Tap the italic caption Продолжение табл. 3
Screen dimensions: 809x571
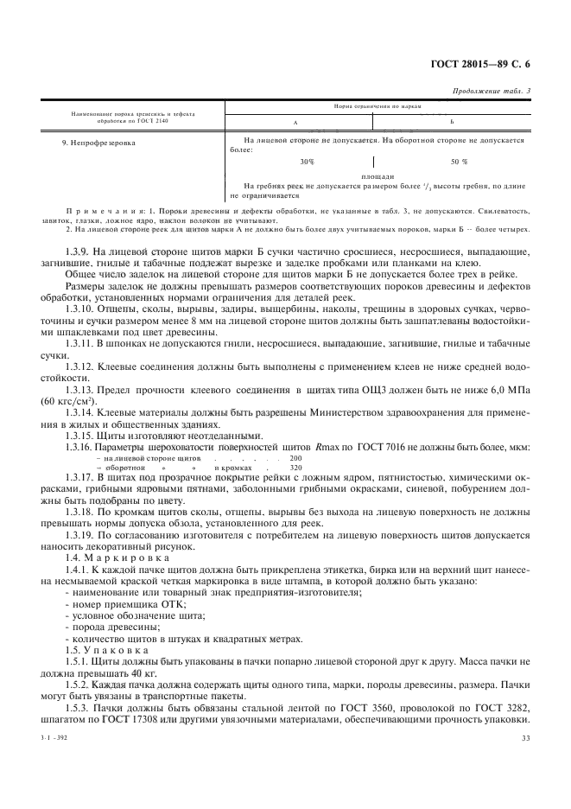492,91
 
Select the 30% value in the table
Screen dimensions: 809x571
307,162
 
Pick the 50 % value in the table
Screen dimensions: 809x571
459,162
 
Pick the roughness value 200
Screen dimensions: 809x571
295,456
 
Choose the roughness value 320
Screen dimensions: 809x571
295,467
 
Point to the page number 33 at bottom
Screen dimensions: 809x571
525,737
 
